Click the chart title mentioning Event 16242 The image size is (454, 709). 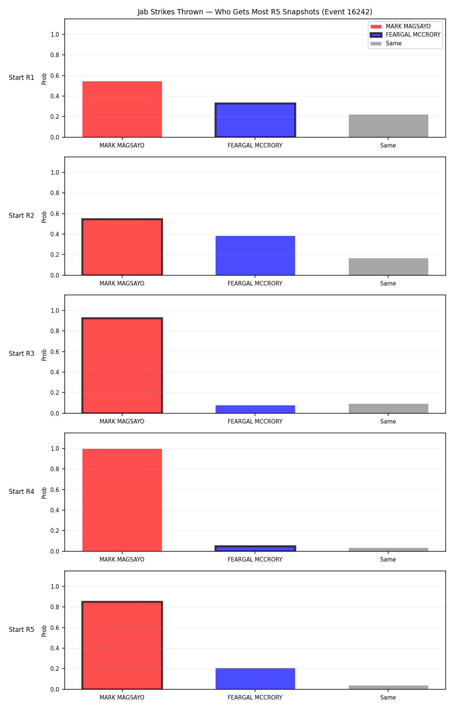coord(255,12)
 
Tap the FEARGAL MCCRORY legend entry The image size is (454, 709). coord(405,35)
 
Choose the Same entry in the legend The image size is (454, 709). coord(386,43)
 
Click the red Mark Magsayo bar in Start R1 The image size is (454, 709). coord(122,109)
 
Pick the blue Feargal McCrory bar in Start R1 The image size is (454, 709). coord(255,120)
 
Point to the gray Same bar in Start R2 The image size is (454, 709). coord(389,267)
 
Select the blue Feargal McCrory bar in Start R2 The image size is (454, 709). coord(255,256)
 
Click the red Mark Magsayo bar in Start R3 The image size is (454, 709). coord(122,366)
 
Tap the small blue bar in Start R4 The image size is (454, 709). coord(255,549)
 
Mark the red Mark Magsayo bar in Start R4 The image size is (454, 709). coord(122,500)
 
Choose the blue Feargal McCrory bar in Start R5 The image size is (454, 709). coord(255,679)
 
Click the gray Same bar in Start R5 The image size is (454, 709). coord(389,687)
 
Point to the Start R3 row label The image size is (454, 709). coord(22,354)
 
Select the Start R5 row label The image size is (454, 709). coord(22,630)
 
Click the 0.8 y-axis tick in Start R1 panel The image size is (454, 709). coord(55,55)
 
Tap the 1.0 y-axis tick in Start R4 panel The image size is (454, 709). coord(55,449)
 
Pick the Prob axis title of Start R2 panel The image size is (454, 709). coord(44,217)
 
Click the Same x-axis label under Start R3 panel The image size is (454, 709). coord(388,422)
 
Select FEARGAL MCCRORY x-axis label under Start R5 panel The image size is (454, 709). coord(255,698)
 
